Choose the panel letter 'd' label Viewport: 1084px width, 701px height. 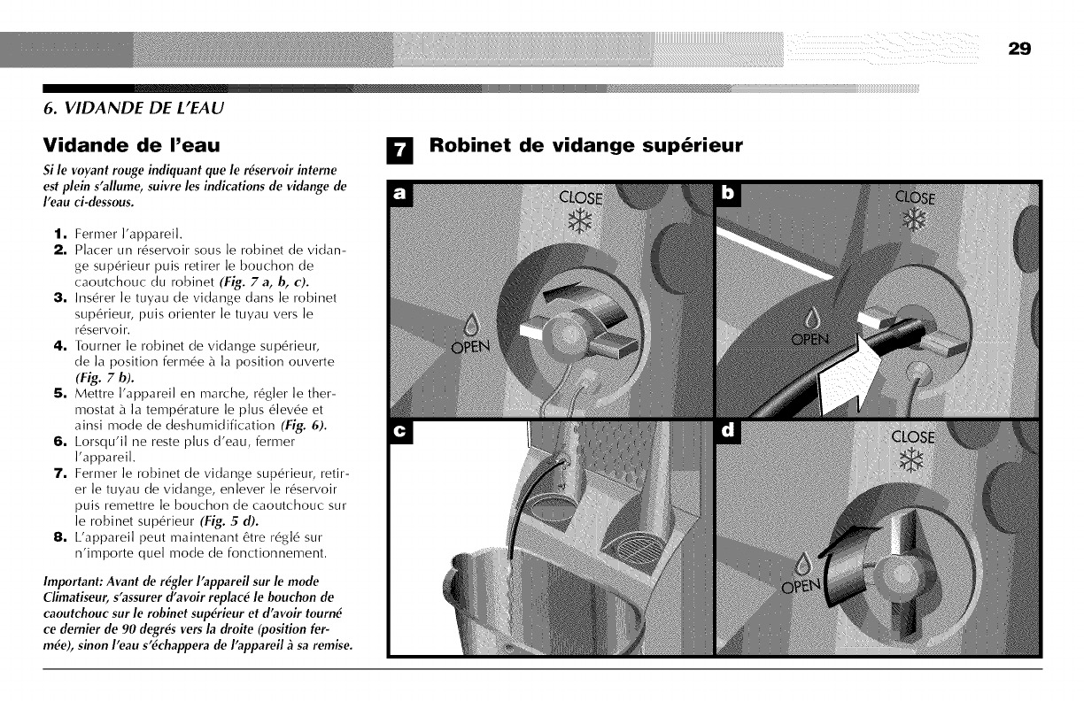pyautogui.click(x=728, y=434)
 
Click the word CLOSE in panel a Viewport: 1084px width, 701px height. pyautogui.click(x=582, y=196)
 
